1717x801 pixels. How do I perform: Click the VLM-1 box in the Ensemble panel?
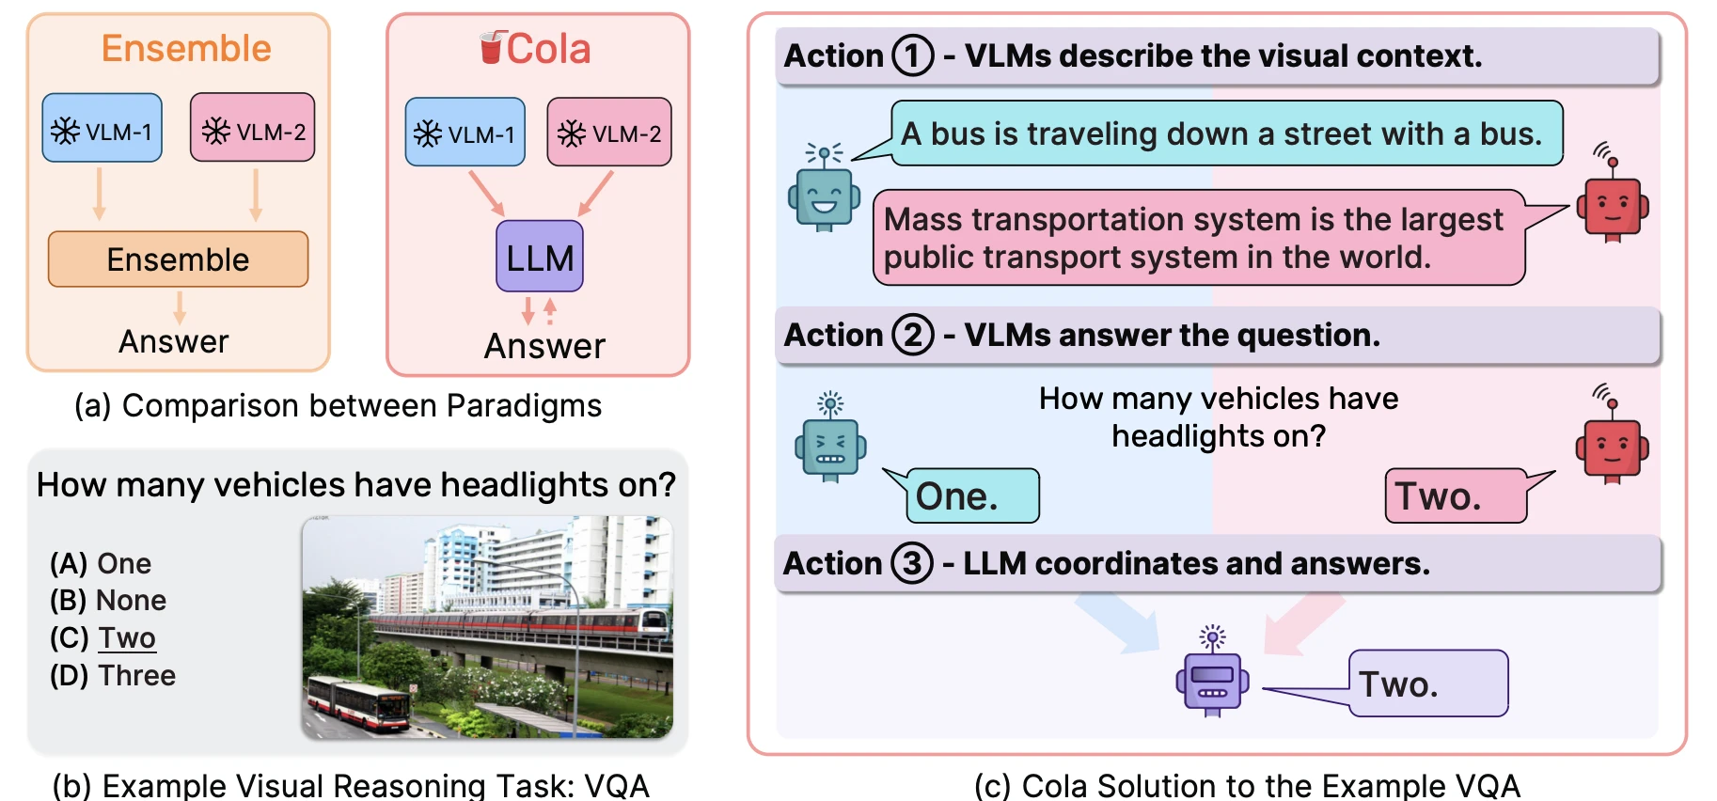click(x=102, y=128)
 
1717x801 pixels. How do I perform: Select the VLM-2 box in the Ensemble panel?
click(x=253, y=127)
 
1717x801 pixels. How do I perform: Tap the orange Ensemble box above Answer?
click(x=178, y=259)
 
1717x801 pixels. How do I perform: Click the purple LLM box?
click(x=540, y=256)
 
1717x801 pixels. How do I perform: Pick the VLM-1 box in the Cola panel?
click(x=465, y=133)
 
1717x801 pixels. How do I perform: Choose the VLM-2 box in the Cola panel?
click(x=609, y=133)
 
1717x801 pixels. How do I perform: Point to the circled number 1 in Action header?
click(x=912, y=55)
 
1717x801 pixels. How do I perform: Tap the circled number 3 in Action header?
click(x=912, y=563)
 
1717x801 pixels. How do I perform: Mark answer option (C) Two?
click(x=102, y=637)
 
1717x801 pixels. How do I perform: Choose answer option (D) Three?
click(x=113, y=675)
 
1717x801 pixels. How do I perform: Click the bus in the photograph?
click(x=358, y=704)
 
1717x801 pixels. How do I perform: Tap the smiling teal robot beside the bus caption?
click(x=824, y=187)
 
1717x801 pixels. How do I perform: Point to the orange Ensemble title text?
click(x=186, y=48)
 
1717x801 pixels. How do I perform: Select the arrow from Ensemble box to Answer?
click(x=180, y=307)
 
